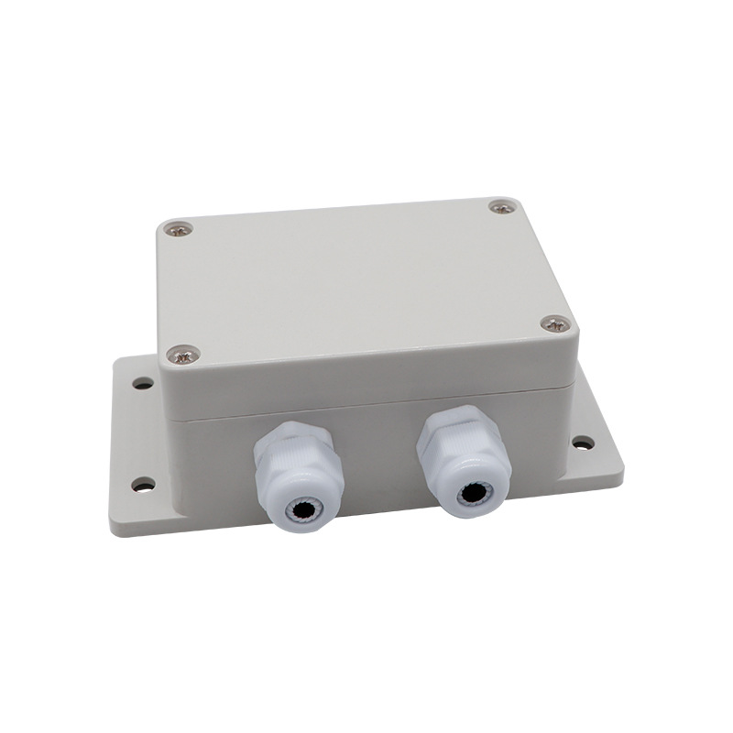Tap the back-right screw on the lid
(x=501, y=208)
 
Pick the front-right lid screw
(x=553, y=323)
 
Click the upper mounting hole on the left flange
(x=142, y=383)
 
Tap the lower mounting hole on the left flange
(x=143, y=483)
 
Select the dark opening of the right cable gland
(x=470, y=491)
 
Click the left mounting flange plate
(x=137, y=440)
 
